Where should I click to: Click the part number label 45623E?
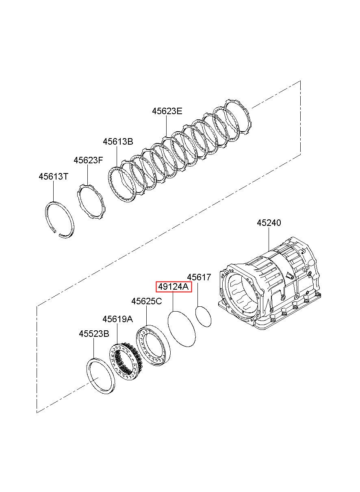coord(167,111)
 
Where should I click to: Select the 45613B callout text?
coord(118,141)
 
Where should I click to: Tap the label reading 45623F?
coord(88,160)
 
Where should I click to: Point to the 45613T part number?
coord(54,176)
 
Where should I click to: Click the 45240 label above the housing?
coord(269,223)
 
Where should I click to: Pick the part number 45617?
coord(199,277)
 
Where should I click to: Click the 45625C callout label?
coord(147,301)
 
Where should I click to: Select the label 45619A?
coord(118,319)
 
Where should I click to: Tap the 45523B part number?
coord(94,334)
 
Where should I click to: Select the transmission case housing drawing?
coord(269,286)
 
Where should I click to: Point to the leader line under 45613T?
coord(54,191)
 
